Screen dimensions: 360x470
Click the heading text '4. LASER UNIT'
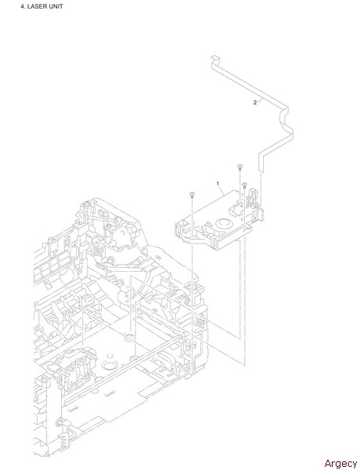[x=41, y=6]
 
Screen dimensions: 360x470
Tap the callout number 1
[x=218, y=183]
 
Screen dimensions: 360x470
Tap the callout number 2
[x=255, y=103]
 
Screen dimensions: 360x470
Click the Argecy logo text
[x=340, y=463]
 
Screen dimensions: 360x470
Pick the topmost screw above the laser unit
[x=239, y=168]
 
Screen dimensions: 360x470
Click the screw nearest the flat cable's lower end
[x=244, y=185]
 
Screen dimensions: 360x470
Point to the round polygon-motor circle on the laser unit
[x=223, y=224]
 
